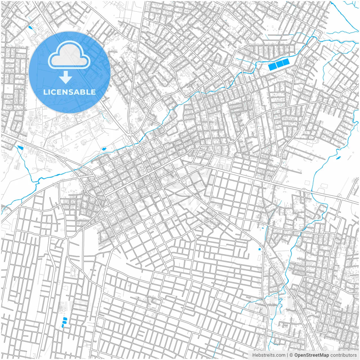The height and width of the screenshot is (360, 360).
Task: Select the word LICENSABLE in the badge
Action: pyautogui.click(x=69, y=92)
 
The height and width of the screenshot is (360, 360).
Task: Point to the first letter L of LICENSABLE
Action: pyautogui.click(x=45, y=92)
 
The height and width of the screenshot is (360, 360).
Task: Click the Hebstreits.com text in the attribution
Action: pyautogui.click(x=269, y=355)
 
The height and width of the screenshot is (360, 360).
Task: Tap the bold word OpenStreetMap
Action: pyautogui.click(x=311, y=355)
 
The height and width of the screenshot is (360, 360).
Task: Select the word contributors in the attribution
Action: pyautogui.click(x=343, y=355)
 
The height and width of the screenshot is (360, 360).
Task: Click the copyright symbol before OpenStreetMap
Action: pyautogui.click(x=291, y=355)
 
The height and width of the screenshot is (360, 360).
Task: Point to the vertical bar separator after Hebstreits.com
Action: pyautogui.click(x=287, y=355)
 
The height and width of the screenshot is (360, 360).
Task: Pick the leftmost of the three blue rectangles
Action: pyautogui.click(x=272, y=66)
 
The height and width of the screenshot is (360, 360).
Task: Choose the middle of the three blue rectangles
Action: pyautogui.click(x=279, y=64)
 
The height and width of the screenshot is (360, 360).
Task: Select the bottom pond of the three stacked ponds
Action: pyautogui.click(x=63, y=326)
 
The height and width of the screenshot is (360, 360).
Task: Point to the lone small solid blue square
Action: pyautogui.click(x=259, y=249)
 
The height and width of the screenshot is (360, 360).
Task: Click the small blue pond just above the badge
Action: pyautogui.click(x=30, y=28)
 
